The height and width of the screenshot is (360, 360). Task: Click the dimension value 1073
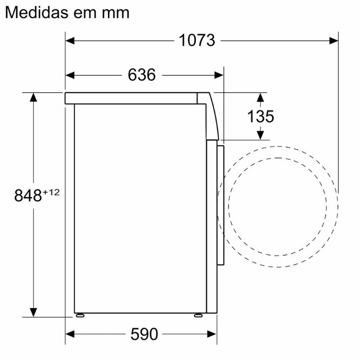pos(197,41)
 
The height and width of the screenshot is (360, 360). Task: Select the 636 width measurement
pos(142,75)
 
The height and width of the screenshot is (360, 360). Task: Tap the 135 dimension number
pos(260,116)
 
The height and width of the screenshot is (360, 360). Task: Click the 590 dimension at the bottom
pos(144,334)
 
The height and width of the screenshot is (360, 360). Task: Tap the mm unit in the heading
pos(115,13)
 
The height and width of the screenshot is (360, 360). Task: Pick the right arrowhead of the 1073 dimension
pos(335,41)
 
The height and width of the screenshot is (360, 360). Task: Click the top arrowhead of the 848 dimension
pos(33,97)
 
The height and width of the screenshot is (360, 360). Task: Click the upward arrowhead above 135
pos(260,98)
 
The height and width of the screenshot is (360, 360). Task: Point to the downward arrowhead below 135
pos(260,135)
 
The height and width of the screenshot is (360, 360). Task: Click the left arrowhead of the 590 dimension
pos(70,334)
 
